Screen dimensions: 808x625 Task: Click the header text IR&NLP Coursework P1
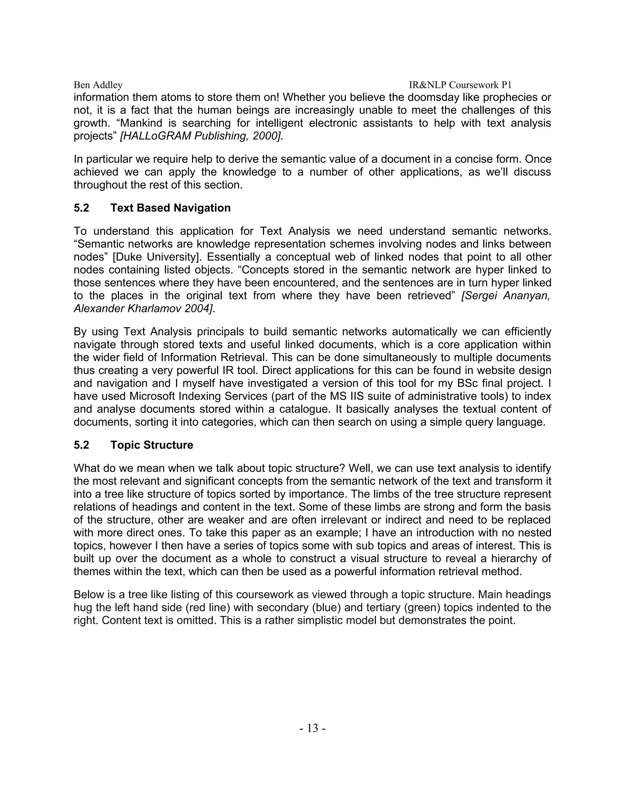click(x=460, y=85)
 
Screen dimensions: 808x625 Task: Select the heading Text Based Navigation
click(x=170, y=208)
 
